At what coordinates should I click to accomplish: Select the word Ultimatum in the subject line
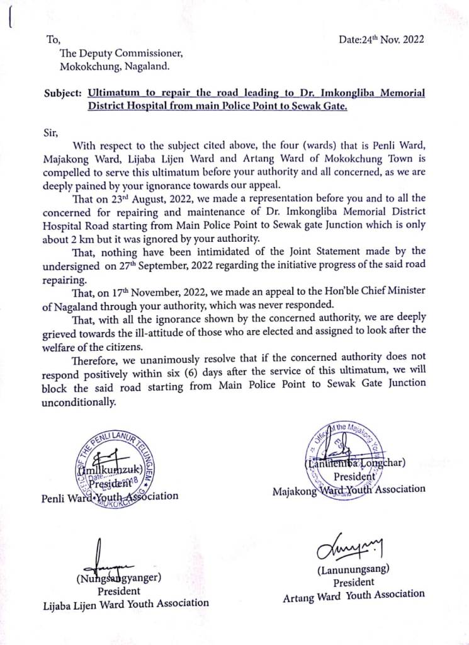tap(111, 93)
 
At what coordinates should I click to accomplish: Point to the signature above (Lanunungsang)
tap(355, 549)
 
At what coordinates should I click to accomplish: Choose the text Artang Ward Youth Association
tap(353, 595)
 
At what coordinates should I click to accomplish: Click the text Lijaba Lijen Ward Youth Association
tap(125, 603)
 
